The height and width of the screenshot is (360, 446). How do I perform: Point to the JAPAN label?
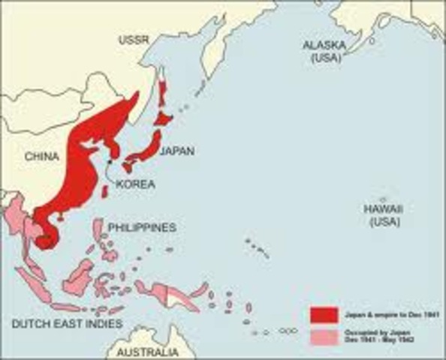point(177,151)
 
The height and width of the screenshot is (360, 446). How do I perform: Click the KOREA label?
point(136,182)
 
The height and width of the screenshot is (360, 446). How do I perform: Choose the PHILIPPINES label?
point(142,226)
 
